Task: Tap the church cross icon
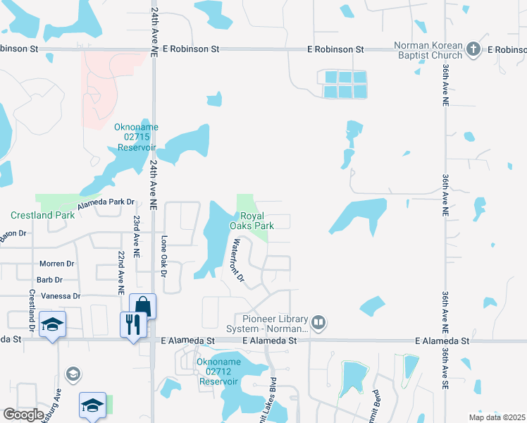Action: tap(473, 49)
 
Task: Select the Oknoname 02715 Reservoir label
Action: tap(137, 137)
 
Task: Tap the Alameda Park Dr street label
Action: tap(106, 202)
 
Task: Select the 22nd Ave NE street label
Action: tap(121, 272)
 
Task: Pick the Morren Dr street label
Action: tap(57, 264)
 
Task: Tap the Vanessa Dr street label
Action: tap(61, 296)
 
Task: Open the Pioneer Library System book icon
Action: tap(319, 323)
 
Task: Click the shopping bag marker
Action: tap(142, 305)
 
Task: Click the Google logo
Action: tap(23, 415)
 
